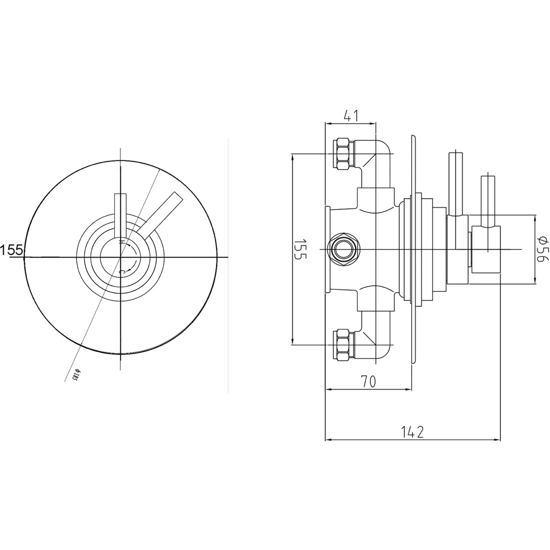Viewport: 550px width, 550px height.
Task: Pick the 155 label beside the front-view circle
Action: coord(12,250)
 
